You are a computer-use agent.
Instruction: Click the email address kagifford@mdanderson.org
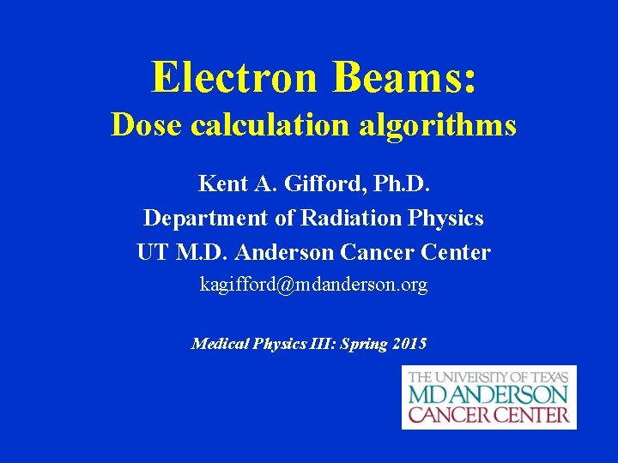(313, 285)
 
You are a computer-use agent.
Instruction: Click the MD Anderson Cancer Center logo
(488, 397)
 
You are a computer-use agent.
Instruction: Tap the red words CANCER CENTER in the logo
(488, 415)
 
